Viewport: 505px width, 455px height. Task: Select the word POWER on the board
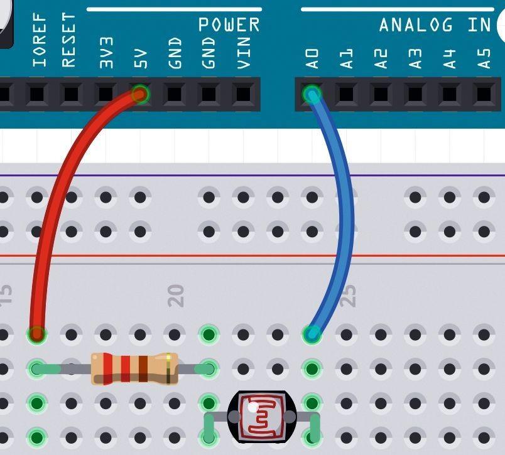tap(229, 25)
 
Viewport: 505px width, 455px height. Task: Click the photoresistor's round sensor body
tap(261, 415)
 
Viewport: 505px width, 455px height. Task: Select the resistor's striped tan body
tap(134, 368)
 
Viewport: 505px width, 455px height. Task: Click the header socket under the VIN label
tap(242, 94)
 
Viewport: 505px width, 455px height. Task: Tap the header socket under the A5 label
tap(483, 94)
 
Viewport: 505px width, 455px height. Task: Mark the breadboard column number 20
tap(176, 295)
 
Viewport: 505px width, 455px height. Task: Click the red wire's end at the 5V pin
tap(141, 95)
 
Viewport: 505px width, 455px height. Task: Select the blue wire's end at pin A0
tap(312, 95)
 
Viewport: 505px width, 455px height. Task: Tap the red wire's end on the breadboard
tap(37, 334)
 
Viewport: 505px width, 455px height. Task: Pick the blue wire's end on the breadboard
tap(312, 334)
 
